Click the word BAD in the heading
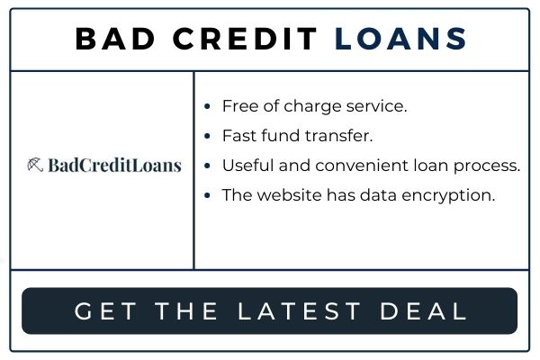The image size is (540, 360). [114, 39]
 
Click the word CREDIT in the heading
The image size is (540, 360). [245, 39]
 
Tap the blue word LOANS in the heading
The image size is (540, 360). [400, 39]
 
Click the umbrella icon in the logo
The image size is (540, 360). [35, 165]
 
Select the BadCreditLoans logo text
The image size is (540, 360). [114, 165]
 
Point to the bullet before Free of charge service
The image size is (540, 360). [207, 106]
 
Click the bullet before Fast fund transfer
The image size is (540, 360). [207, 136]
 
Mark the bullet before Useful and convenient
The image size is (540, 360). [207, 166]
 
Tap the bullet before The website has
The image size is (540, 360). [207, 195]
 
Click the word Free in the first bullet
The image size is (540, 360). [240, 106]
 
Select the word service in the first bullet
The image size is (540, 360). [377, 106]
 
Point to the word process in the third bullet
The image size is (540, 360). [487, 166]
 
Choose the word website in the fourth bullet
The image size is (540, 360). [289, 195]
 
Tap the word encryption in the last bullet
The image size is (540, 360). [448, 196]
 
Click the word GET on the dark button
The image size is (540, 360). [105, 311]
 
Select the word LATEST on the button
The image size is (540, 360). [299, 311]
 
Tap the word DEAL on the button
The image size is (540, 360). [423, 311]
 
